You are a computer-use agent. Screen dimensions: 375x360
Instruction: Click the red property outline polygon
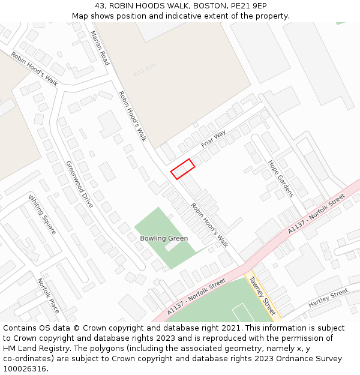point(182,169)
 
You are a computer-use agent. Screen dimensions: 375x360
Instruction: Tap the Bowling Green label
point(164,238)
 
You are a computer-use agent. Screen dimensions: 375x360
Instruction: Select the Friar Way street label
point(213,139)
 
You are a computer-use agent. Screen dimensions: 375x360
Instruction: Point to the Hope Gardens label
point(280,178)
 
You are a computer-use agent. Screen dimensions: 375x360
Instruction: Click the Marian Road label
point(100,48)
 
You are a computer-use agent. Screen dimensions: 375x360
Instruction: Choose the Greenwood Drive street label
point(80,184)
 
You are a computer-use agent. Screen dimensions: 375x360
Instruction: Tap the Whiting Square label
point(42,214)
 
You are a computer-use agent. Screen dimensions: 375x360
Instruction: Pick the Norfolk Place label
point(49,295)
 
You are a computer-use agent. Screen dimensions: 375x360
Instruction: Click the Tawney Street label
point(262,296)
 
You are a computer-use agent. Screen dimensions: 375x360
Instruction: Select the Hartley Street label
point(328,298)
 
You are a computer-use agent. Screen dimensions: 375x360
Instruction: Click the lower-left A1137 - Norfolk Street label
point(196,297)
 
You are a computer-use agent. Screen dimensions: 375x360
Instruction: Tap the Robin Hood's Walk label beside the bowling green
point(209,225)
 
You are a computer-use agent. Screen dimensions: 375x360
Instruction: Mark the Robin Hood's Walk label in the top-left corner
point(34,69)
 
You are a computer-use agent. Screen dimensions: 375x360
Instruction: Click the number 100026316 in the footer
point(25,369)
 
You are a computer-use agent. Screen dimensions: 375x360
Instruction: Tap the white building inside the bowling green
point(172,245)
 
